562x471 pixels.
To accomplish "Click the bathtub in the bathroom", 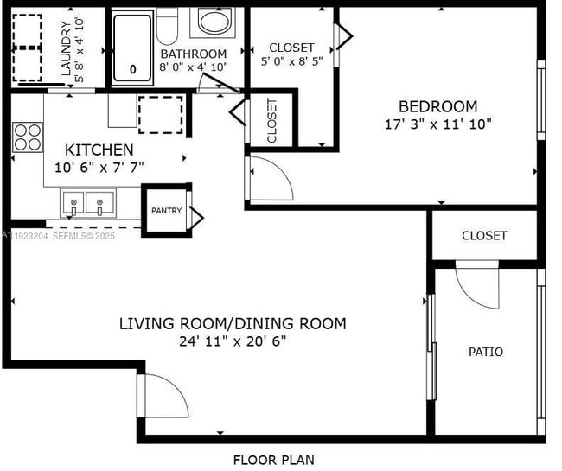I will click(133, 47).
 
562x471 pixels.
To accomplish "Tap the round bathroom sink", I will click(211, 22).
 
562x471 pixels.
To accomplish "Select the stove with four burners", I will click(28, 136).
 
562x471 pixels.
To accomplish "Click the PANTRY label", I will click(166, 210).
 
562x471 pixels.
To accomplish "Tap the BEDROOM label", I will click(443, 106).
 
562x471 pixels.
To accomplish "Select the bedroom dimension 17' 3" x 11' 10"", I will click(438, 124).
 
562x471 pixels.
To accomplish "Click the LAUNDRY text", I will click(63, 50).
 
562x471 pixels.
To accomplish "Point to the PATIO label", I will click(486, 352).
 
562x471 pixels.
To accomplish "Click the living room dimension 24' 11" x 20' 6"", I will click(232, 341).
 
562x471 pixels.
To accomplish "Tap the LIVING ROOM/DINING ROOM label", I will click(232, 324).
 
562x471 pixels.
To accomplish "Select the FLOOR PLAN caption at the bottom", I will click(273, 460).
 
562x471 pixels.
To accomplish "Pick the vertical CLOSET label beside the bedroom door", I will click(271, 120).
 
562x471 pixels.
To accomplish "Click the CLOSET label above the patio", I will click(484, 235).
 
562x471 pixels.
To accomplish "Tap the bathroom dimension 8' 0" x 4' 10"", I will click(194, 67).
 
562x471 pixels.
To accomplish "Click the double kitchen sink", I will click(87, 204).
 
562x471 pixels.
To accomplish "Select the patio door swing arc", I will click(477, 290).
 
